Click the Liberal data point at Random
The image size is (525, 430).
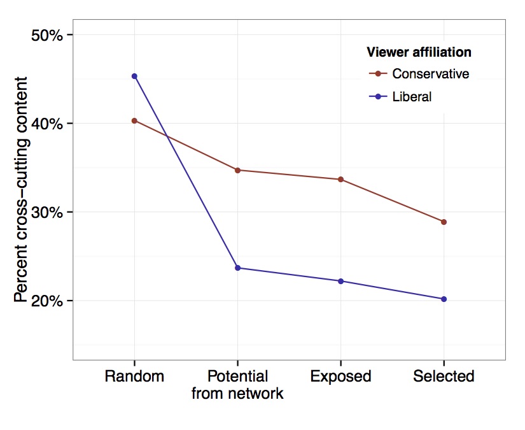[x=134, y=76]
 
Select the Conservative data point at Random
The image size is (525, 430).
[x=134, y=120]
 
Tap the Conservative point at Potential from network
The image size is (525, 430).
[x=237, y=170]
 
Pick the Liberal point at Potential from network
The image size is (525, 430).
[x=237, y=268]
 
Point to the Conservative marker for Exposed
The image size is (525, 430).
[x=340, y=180]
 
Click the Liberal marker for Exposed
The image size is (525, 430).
[x=340, y=281]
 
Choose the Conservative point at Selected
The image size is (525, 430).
[x=444, y=222]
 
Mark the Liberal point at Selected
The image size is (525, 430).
[x=444, y=299]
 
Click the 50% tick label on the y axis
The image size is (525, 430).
[x=48, y=35]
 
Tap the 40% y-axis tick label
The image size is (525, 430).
[x=48, y=124]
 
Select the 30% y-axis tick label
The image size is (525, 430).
[x=48, y=212]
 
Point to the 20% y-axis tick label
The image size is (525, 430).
[x=48, y=301]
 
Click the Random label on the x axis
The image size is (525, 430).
[x=134, y=376]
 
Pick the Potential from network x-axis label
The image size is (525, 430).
[x=237, y=385]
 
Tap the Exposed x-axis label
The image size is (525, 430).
[x=340, y=376]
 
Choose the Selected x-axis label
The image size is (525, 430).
[x=444, y=376]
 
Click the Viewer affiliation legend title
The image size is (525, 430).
[x=419, y=52]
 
